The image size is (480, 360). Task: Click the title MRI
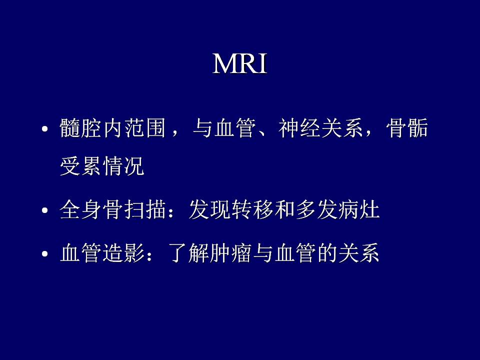(x=239, y=63)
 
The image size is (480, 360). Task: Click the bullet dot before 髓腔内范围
(x=45, y=128)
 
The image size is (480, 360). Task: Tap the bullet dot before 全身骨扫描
(x=45, y=210)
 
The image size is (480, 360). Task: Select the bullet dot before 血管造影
(x=45, y=254)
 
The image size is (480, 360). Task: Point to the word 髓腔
(x=80, y=128)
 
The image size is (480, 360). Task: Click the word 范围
(x=145, y=128)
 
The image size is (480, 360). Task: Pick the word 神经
(x=299, y=128)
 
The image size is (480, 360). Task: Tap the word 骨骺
(x=407, y=128)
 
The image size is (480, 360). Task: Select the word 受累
(x=80, y=166)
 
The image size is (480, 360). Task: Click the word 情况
(x=123, y=166)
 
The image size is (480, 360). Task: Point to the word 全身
(x=80, y=209)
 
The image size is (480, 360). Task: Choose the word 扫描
(x=145, y=209)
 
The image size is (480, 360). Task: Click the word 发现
(x=209, y=209)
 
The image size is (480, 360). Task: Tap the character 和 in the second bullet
(x=284, y=209)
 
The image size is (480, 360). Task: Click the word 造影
(x=123, y=253)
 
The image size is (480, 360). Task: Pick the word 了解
(x=188, y=253)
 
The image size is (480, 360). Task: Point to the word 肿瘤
(x=231, y=253)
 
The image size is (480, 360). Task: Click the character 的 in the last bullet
(x=327, y=253)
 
